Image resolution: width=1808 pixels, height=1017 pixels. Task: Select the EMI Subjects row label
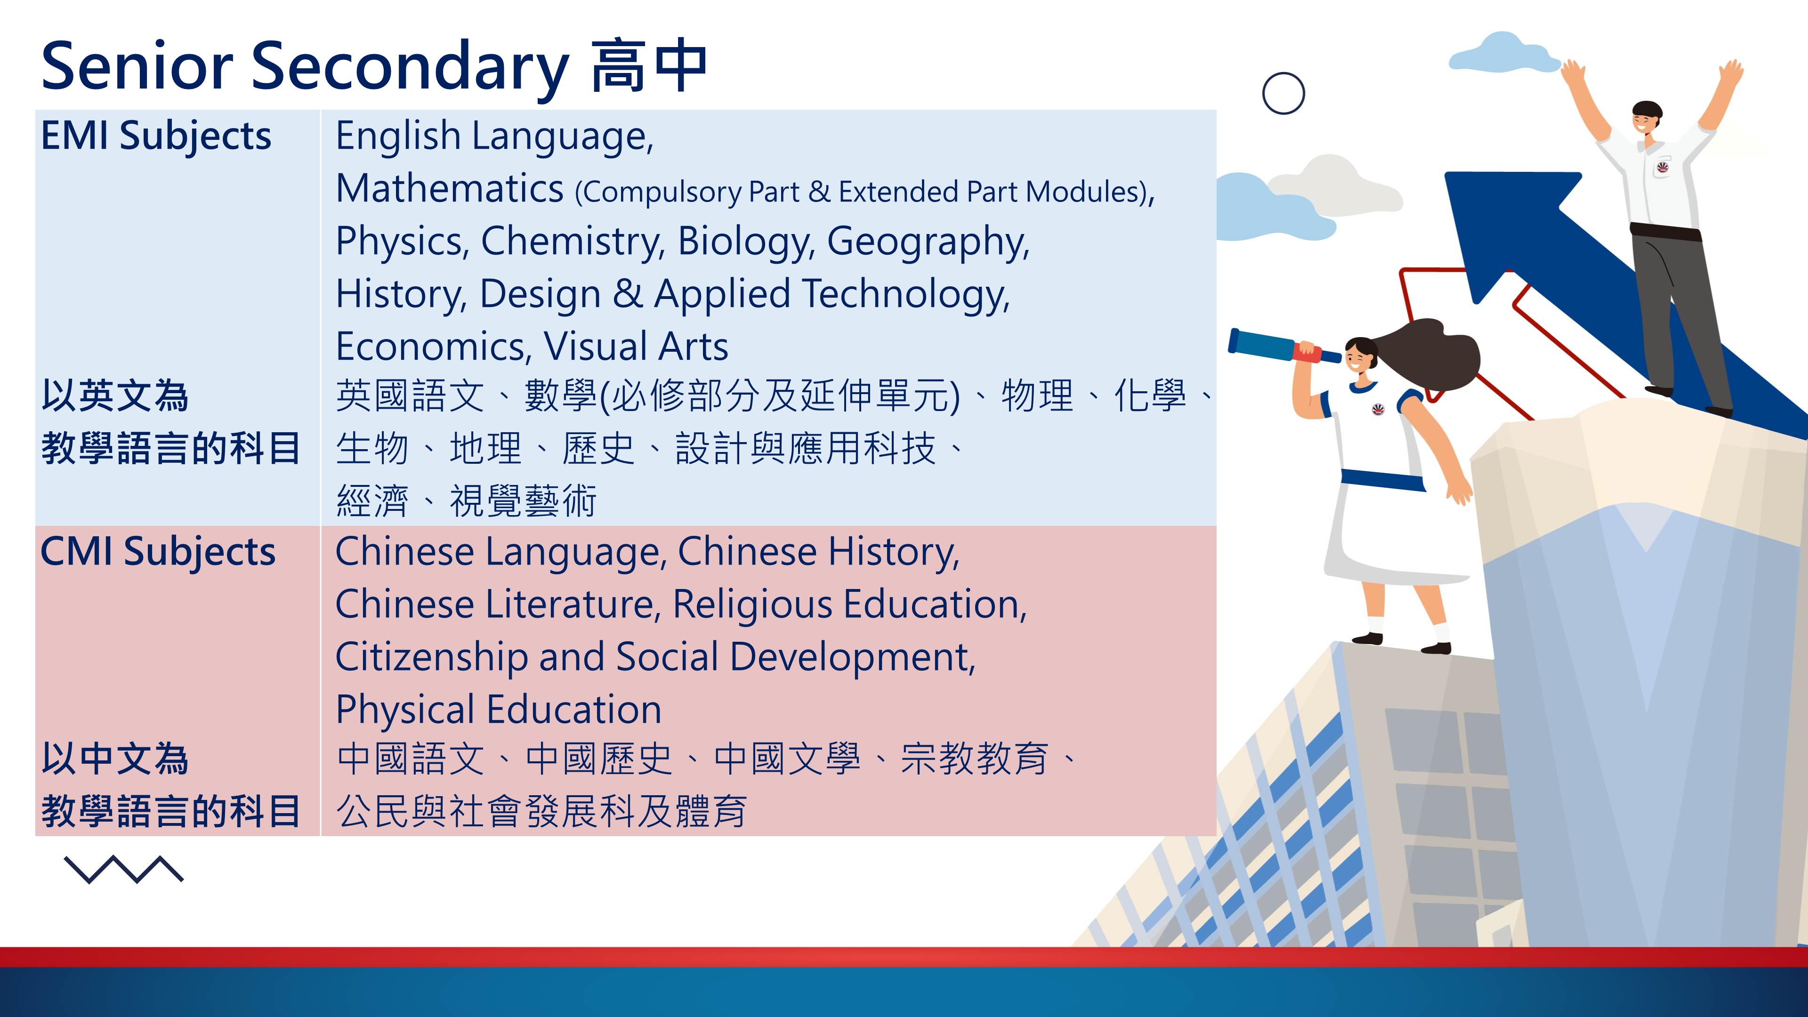156,136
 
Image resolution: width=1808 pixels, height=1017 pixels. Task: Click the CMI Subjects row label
158,552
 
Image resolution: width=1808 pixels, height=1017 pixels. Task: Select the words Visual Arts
636,346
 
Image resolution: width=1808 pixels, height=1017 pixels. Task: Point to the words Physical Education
498,710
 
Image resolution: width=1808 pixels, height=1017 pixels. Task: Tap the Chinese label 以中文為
115,759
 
